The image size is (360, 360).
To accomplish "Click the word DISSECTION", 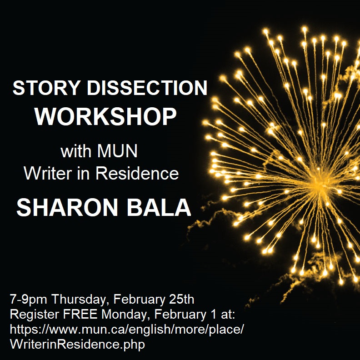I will pyautogui.click(x=147, y=89).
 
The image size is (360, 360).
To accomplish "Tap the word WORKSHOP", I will pyautogui.click(x=106, y=117).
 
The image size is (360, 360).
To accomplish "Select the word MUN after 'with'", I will pyautogui.click(x=118, y=151).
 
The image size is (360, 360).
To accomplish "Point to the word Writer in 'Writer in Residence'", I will pyautogui.click(x=48, y=173).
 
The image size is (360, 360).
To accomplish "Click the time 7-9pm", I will pyautogui.click(x=29, y=300).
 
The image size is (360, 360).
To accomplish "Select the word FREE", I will pyautogui.click(x=72, y=315).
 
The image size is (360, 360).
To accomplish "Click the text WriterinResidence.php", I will pyautogui.click(x=77, y=344).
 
